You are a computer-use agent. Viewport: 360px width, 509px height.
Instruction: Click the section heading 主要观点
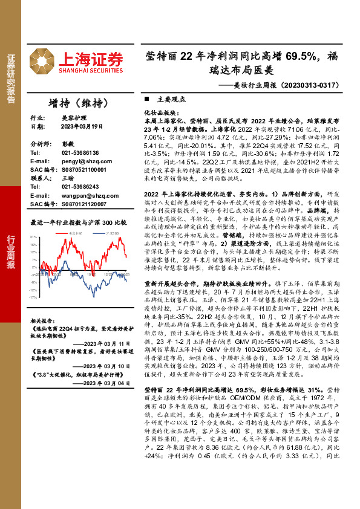tap(167, 99)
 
